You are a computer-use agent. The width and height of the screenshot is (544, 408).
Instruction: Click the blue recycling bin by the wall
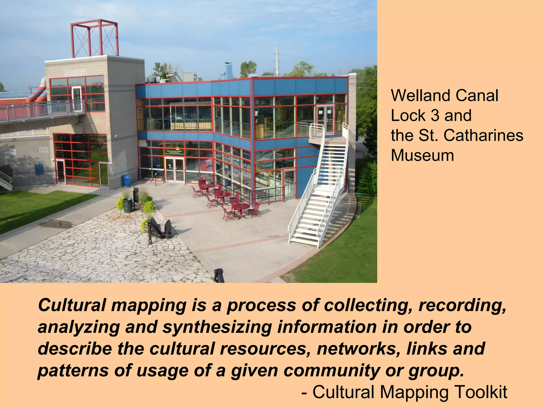[126, 180]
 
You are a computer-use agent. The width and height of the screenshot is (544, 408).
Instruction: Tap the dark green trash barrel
[128, 205]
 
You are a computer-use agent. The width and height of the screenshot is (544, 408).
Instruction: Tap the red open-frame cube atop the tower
[94, 39]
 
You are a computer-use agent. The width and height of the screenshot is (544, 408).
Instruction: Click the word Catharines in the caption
[483, 135]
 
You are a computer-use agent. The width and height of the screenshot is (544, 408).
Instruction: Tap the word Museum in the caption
[422, 155]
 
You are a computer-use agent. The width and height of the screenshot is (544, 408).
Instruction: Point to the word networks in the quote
[359, 348]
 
